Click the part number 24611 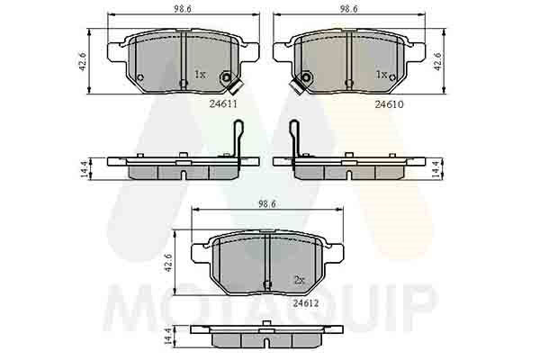tap(223, 103)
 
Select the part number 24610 tap(389, 104)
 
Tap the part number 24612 tap(306, 303)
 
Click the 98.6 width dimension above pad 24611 tap(183, 9)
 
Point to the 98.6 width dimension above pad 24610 tap(349, 9)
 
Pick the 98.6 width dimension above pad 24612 tap(267, 204)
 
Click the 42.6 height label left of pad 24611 tap(82, 62)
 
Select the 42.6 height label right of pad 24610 tap(437, 62)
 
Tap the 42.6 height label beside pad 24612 tap(168, 263)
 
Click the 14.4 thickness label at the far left tap(84, 169)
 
